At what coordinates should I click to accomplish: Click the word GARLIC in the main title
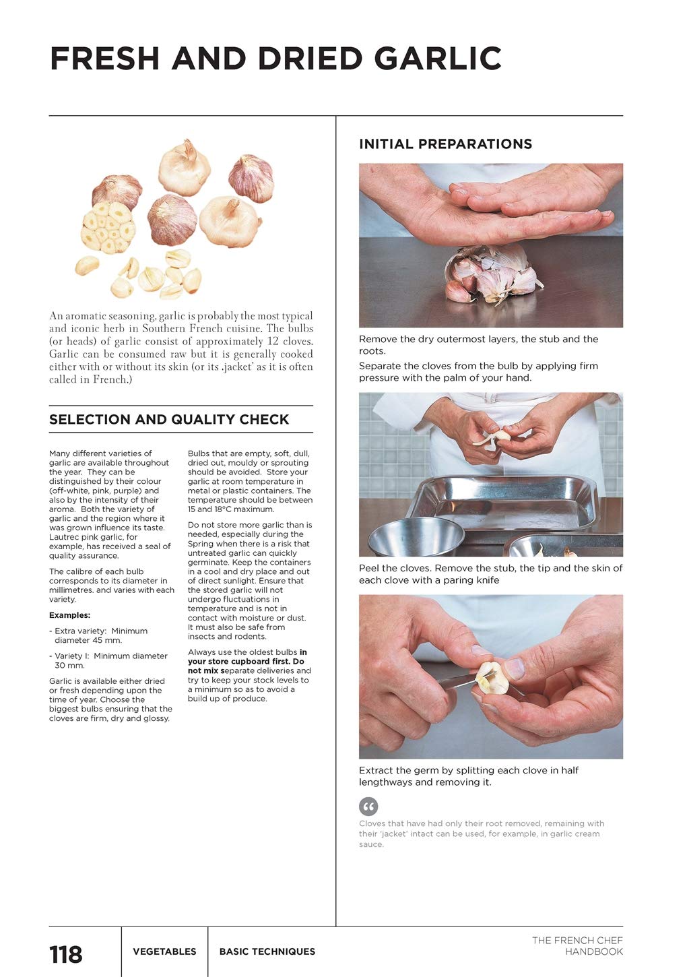(438, 59)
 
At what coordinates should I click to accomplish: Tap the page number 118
(66, 954)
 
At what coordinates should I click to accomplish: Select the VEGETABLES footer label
(164, 951)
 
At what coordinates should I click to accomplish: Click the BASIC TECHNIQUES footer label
(267, 951)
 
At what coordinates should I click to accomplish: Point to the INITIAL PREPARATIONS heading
(445, 144)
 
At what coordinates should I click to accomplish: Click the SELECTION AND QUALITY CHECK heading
(169, 419)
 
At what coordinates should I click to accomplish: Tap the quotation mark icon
(368, 806)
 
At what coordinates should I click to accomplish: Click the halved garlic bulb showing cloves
(108, 228)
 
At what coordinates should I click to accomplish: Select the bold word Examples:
(69, 615)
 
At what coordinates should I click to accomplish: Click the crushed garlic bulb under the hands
(494, 274)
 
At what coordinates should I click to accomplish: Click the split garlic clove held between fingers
(492, 678)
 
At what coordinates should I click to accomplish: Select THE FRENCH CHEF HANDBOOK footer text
(577, 946)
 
